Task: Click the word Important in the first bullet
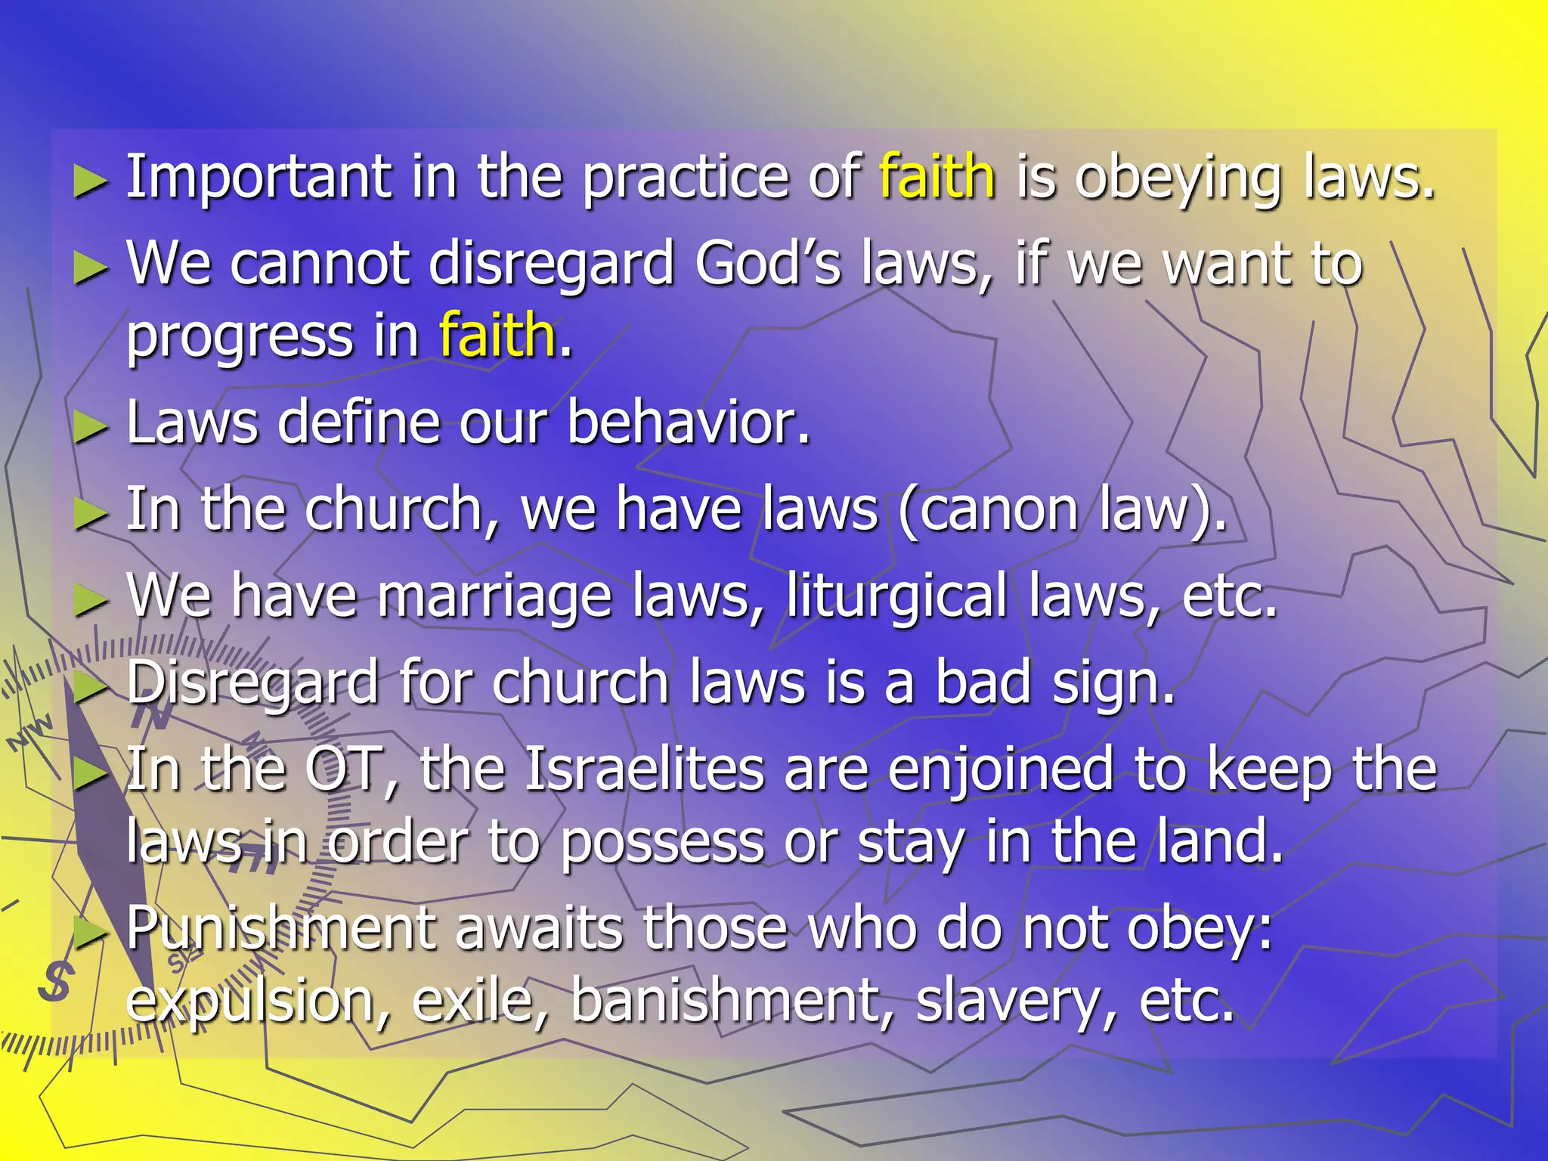(258, 177)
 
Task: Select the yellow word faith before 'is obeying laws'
(937, 177)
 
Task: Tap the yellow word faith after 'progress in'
(497, 335)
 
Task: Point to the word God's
(767, 264)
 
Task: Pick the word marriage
(494, 596)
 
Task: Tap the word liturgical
(896, 596)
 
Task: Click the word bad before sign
(983, 682)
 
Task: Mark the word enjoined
(1000, 769)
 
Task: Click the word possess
(661, 842)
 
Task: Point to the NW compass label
(30, 732)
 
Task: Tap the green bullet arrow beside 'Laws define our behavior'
(90, 428)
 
